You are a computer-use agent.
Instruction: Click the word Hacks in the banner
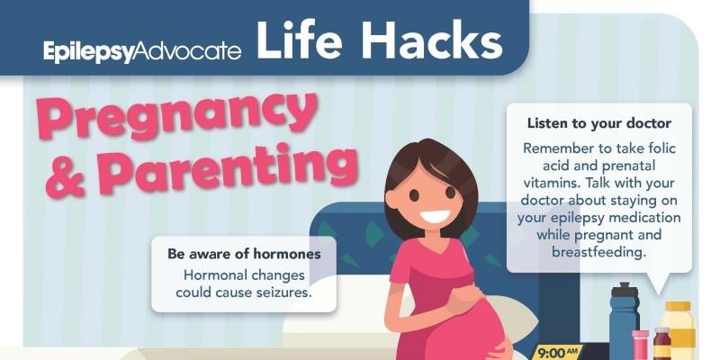point(432,40)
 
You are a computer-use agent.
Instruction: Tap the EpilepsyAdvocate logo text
point(142,51)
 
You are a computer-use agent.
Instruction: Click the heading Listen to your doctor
point(599,123)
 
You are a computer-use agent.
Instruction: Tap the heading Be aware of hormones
point(244,254)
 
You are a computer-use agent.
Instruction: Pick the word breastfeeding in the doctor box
point(598,253)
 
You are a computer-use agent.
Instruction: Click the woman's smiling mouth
point(435,215)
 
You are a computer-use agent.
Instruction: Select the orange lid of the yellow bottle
point(678,306)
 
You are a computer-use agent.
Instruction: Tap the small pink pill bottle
point(640,345)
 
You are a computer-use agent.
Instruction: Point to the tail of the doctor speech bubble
point(658,283)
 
